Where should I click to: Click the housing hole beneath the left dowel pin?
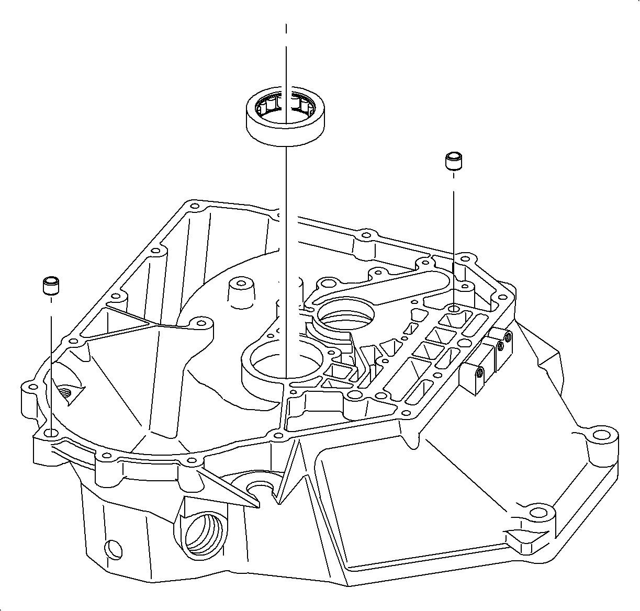(x=51, y=433)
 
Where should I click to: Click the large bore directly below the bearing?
(x=286, y=361)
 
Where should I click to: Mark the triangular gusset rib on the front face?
(x=230, y=484)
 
